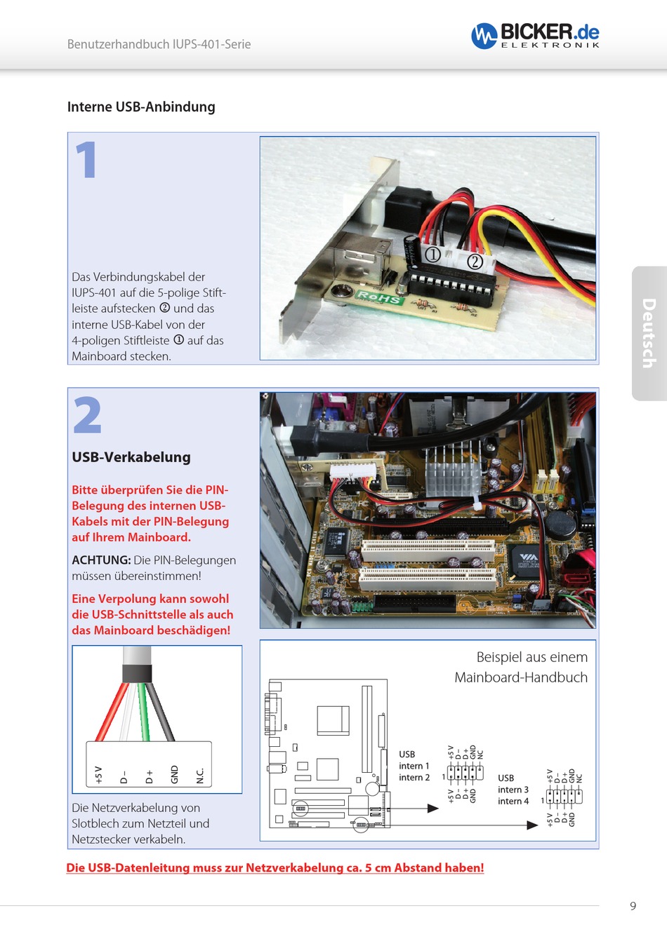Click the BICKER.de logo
click(535, 34)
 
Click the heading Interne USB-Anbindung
click(141, 107)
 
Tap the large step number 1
click(86, 160)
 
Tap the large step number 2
click(88, 415)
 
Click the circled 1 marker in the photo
click(432, 255)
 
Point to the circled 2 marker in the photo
click(475, 262)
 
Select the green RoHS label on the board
click(379, 297)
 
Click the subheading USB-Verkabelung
click(131, 457)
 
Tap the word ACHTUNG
click(101, 560)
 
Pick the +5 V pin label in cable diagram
click(99, 774)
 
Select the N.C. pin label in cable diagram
click(200, 775)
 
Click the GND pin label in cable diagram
click(175, 774)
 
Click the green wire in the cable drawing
click(145, 712)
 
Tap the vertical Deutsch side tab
click(649, 333)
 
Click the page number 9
click(633, 906)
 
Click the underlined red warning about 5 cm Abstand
click(275, 868)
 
